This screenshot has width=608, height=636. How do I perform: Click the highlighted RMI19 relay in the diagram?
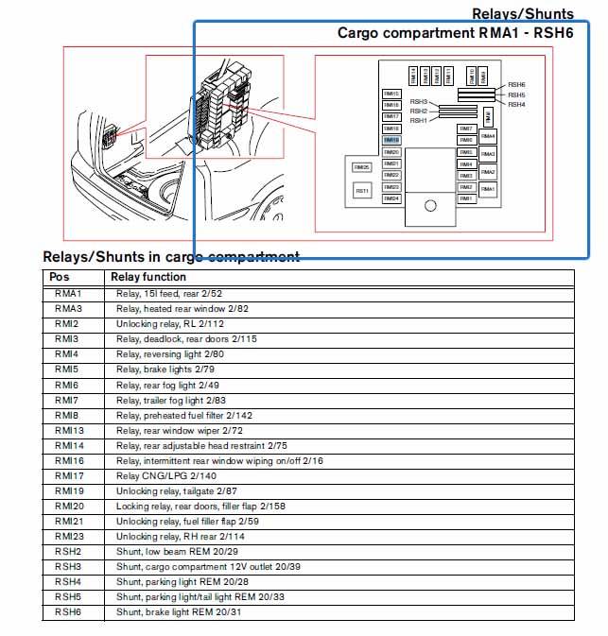pos(391,140)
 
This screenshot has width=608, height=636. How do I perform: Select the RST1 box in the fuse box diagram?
pos(362,191)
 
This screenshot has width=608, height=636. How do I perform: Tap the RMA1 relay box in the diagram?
pos(488,189)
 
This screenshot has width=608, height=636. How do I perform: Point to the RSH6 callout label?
pos(516,85)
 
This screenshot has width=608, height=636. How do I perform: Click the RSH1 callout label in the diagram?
pos(418,120)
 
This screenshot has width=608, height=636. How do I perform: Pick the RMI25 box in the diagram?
pos(362,167)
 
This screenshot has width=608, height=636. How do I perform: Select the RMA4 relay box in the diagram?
pos(488,136)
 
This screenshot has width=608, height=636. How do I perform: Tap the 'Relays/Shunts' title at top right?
pos(522,13)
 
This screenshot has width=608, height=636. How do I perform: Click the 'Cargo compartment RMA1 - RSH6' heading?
pos(456,32)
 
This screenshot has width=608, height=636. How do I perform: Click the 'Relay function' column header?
pos(148,277)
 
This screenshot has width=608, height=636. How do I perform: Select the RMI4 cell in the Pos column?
pos(66,353)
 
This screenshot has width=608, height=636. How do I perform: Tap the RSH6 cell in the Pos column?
pos(68,612)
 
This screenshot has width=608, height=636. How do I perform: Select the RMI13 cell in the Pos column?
pos(69,430)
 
